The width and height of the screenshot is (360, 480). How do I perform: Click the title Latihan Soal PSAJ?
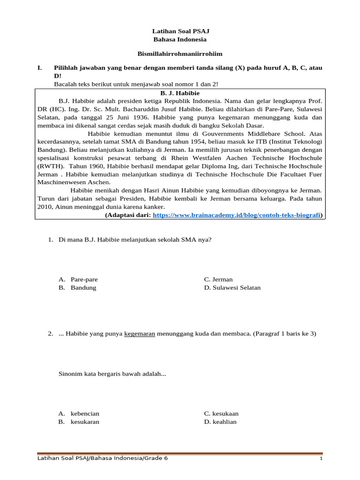pyautogui.click(x=180, y=31)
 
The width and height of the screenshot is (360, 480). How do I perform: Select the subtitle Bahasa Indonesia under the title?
pyautogui.click(x=180, y=39)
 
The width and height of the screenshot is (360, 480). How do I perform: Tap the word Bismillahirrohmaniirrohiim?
pyautogui.click(x=180, y=54)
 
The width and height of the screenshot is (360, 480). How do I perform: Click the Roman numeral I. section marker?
pyautogui.click(x=40, y=68)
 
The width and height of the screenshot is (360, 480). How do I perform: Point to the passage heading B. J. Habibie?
pyautogui.click(x=180, y=93)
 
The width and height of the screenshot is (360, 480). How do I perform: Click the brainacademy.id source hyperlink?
pyautogui.click(x=237, y=215)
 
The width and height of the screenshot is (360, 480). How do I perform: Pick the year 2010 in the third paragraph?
pyautogui.click(x=45, y=206)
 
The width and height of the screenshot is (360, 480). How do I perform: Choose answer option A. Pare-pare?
pyautogui.click(x=78, y=279)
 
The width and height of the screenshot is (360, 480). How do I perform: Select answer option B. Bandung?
pyautogui.click(x=77, y=287)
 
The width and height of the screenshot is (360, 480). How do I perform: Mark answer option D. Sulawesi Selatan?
pyautogui.click(x=232, y=287)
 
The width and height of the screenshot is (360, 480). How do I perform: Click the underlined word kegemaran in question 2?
pyautogui.click(x=140, y=334)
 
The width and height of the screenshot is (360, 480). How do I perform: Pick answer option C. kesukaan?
pyautogui.click(x=221, y=413)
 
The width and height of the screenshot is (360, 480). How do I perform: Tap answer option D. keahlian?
pyautogui.click(x=220, y=421)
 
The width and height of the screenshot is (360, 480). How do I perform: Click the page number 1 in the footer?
pyautogui.click(x=321, y=458)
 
